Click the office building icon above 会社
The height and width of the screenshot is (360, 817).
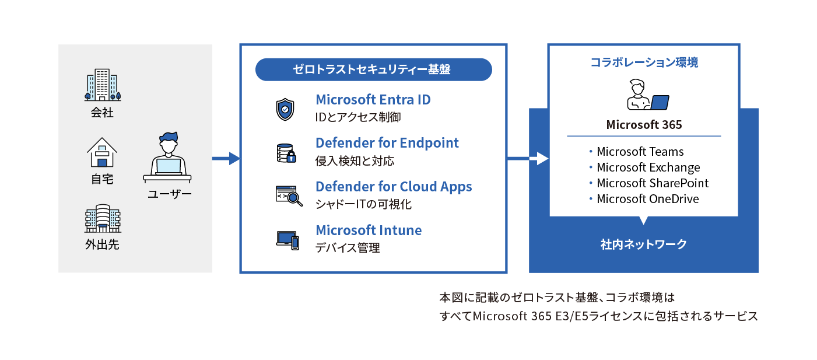coord(102,85)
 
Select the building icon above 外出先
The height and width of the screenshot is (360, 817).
coord(102,218)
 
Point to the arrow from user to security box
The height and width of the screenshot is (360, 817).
coord(226,158)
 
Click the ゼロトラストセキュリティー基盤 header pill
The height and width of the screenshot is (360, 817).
coord(373,69)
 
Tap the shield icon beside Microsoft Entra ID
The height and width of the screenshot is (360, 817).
coord(285,109)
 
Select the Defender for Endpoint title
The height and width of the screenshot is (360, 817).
coord(387,143)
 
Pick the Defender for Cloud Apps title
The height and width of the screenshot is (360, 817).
coord(394,187)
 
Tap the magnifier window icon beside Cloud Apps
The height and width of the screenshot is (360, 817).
coord(289,196)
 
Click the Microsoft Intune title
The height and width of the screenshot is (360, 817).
coord(369,230)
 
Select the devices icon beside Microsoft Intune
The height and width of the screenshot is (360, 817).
coord(287,240)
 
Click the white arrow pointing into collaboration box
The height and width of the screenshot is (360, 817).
coord(541,158)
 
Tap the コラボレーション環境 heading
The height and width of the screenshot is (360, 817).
coord(644,62)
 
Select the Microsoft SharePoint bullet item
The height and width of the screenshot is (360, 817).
coord(652,183)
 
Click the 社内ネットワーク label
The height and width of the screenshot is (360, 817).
coord(644,244)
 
